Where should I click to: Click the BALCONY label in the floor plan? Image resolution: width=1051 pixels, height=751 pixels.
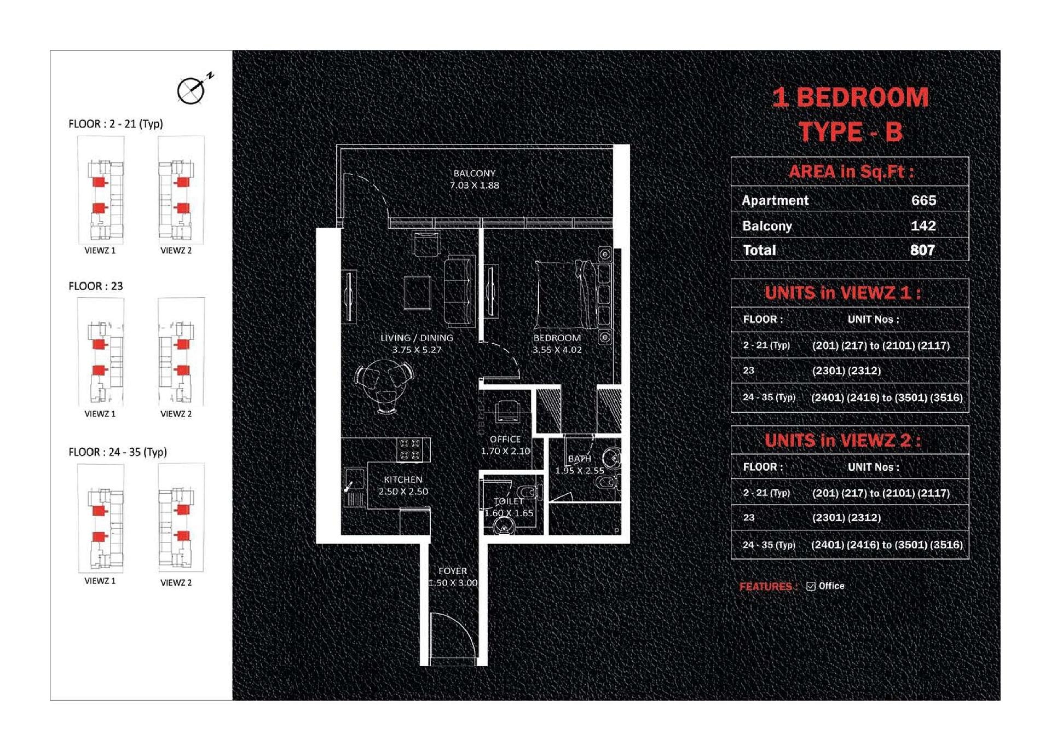tap(474, 173)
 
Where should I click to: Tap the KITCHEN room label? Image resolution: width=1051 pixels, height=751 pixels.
tap(403, 480)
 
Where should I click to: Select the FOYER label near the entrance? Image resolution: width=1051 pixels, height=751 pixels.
tap(453, 571)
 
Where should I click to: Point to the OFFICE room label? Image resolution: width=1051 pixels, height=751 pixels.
tap(505, 439)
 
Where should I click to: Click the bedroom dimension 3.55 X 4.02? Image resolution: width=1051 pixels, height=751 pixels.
tap(557, 350)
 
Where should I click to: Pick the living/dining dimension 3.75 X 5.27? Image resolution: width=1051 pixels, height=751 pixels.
tap(417, 350)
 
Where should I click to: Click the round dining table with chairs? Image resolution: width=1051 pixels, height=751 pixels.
tap(384, 385)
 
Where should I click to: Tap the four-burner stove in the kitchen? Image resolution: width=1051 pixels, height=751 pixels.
tap(410, 449)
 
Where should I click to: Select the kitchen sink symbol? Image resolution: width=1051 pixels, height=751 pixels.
tap(355, 480)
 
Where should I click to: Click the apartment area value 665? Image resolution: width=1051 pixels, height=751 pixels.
tap(923, 200)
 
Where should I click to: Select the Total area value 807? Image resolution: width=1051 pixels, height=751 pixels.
tap(922, 250)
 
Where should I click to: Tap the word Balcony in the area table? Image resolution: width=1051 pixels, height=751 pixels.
tap(767, 226)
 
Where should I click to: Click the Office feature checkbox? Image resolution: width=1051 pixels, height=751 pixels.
tap(811, 586)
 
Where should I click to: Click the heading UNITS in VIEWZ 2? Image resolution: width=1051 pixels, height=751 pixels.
tap(843, 441)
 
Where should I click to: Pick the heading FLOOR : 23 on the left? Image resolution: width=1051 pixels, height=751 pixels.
tap(96, 286)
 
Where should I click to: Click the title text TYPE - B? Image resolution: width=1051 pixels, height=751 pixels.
tap(851, 132)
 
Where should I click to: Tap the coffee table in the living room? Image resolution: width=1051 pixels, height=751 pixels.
tap(417, 293)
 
